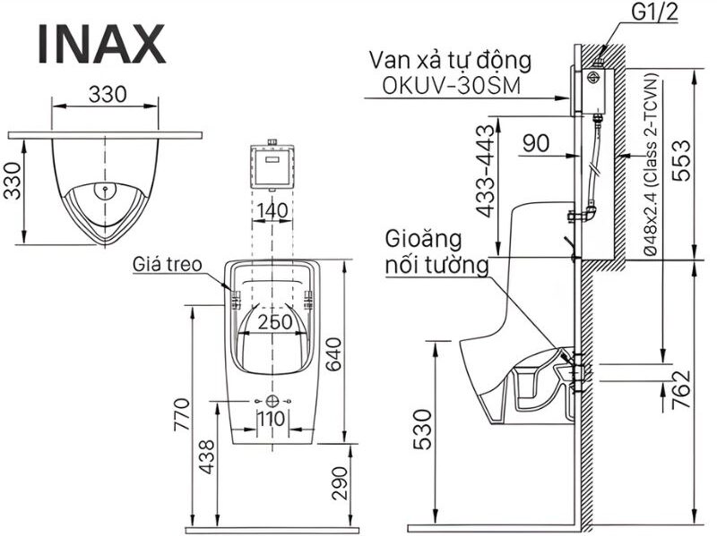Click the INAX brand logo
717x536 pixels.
101,44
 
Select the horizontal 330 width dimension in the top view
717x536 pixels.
108,93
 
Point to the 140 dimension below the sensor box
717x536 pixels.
270,210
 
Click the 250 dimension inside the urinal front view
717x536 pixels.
274,322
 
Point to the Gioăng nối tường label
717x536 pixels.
436,252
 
